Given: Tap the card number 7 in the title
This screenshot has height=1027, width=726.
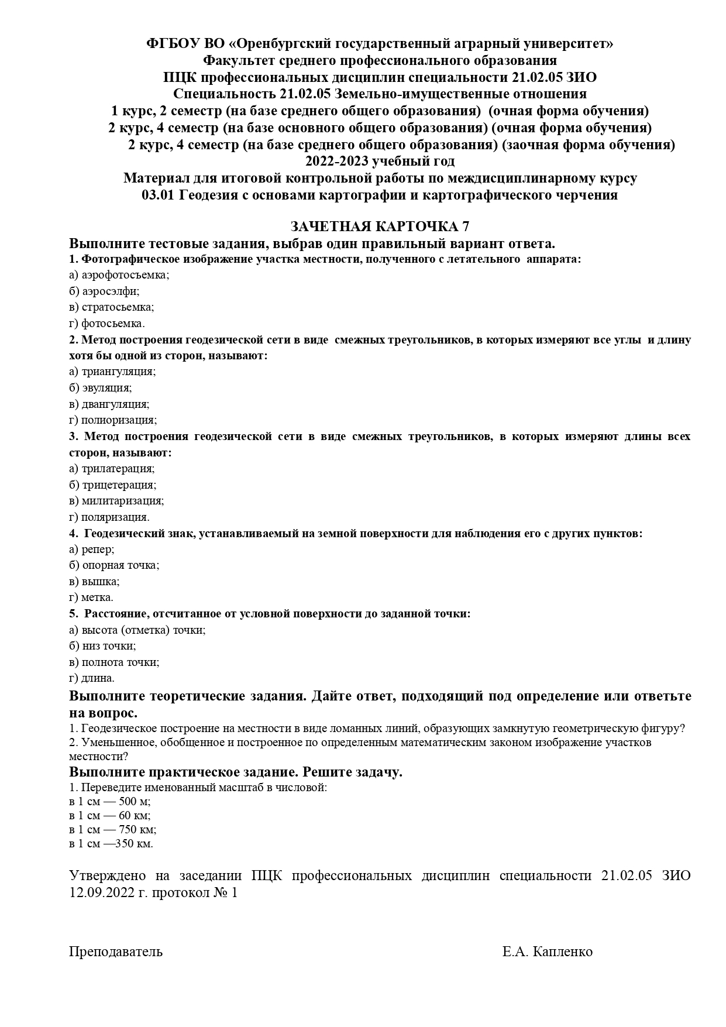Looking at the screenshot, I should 466,226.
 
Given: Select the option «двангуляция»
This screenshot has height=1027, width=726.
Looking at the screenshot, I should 115,404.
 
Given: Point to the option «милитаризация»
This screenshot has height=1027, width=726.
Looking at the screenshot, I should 122,501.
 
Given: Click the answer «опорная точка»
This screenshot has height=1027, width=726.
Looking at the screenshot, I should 120,565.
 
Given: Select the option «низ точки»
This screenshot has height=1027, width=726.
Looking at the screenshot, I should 108,646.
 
